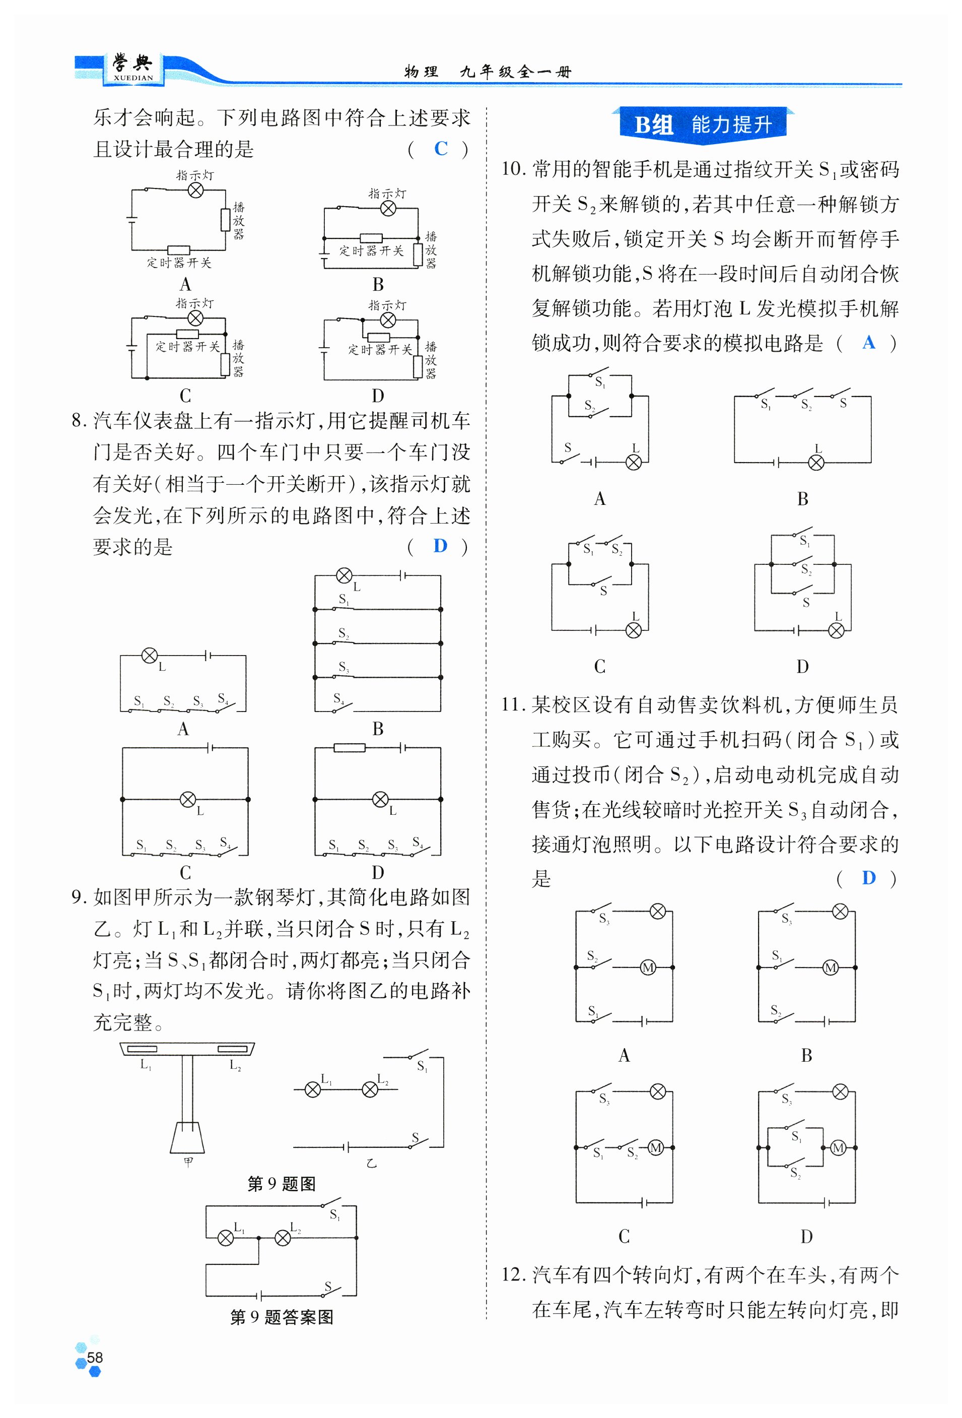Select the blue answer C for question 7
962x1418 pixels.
pyautogui.click(x=440, y=148)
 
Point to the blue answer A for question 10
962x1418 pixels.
pyautogui.click(x=869, y=342)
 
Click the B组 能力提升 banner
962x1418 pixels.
pyautogui.click(x=703, y=124)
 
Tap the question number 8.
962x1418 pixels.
pyautogui.click(x=79, y=420)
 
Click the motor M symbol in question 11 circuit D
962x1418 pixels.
pyautogui.click(x=838, y=1148)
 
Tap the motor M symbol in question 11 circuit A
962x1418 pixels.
pyautogui.click(x=648, y=967)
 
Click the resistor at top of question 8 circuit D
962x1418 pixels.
pyautogui.click(x=350, y=747)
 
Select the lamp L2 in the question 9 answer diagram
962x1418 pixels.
pyautogui.click(x=283, y=1238)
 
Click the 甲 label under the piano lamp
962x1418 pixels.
pyautogui.click(x=188, y=1161)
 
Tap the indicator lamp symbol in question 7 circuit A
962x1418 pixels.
pyautogui.click(x=195, y=190)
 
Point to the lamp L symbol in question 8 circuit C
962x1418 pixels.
pyautogui.click(x=188, y=799)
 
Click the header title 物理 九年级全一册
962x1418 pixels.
pyautogui.click(x=488, y=72)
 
